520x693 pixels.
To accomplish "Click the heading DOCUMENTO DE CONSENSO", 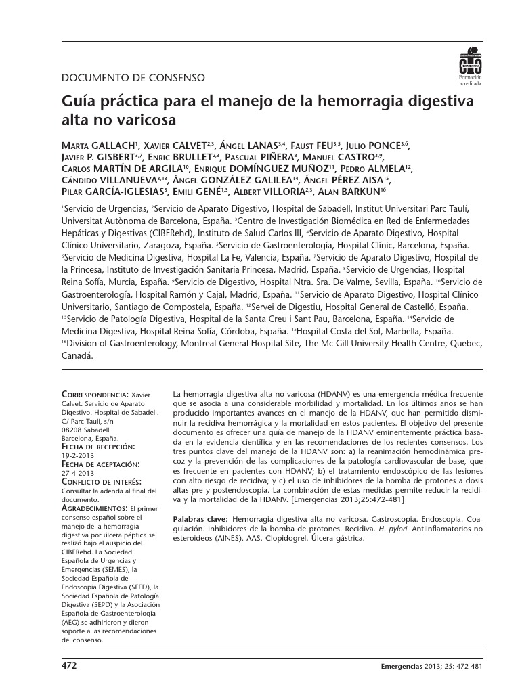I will click(x=133, y=78).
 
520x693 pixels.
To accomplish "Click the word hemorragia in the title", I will click(x=356, y=102).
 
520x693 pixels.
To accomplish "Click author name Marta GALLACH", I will click(x=100, y=146).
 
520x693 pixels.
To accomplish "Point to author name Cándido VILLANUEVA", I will click(x=110, y=180).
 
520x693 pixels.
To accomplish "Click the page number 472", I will click(x=70, y=665).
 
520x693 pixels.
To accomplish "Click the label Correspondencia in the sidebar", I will click(x=94, y=394).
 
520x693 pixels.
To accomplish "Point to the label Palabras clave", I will click(x=200, y=518).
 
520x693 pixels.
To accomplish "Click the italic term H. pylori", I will click(x=395, y=529).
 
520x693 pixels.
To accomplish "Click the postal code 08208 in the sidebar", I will click(x=73, y=429).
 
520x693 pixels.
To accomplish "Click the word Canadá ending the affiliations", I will click(x=76, y=355).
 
